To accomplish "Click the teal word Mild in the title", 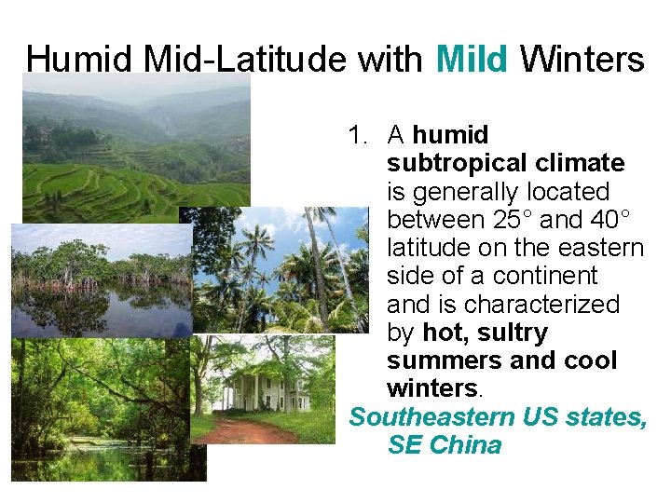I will pyautogui.click(x=472, y=60).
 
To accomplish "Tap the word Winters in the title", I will pyautogui.click(x=582, y=60).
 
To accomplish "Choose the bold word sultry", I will pyautogui.click(x=513, y=333).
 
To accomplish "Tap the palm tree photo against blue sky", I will pyautogui.click(x=280, y=270).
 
